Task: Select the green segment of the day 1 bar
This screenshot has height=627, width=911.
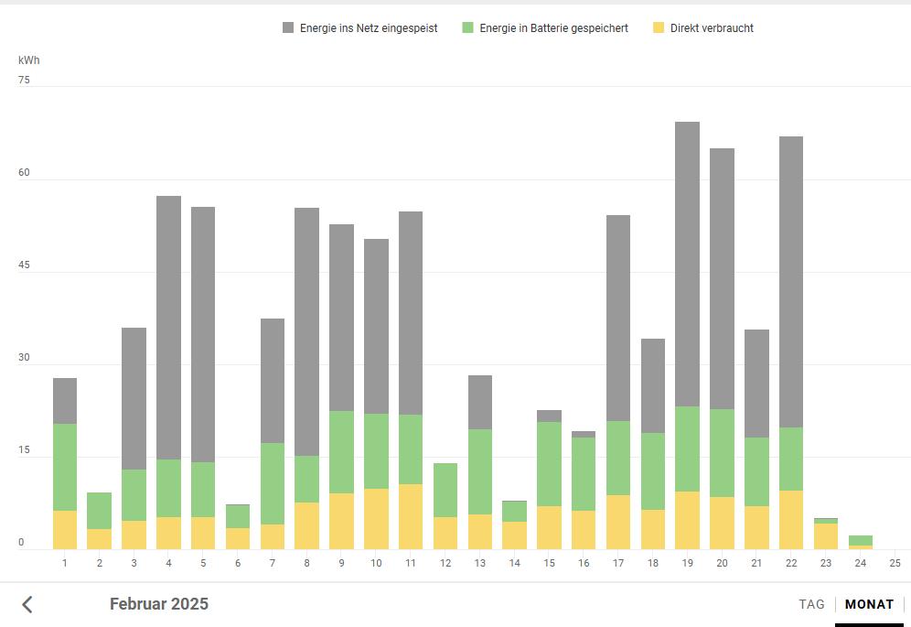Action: click(x=65, y=467)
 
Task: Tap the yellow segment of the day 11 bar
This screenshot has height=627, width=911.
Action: click(x=411, y=516)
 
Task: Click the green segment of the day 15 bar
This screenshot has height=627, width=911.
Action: click(x=549, y=463)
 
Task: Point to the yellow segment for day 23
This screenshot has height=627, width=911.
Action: click(x=826, y=536)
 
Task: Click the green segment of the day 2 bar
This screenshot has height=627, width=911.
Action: click(x=100, y=511)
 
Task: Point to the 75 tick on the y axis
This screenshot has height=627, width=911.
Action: click(x=24, y=81)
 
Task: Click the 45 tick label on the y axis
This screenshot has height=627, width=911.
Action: click(x=24, y=266)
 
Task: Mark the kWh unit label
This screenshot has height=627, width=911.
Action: click(x=29, y=60)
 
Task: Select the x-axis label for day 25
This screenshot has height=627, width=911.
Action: click(x=895, y=562)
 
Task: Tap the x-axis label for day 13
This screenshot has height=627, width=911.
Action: click(x=480, y=562)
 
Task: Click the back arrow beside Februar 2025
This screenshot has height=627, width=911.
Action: click(x=27, y=604)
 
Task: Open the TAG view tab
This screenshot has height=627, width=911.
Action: click(x=811, y=604)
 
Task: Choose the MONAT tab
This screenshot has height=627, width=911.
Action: click(x=869, y=604)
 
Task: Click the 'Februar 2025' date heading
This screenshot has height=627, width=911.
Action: click(x=159, y=604)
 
